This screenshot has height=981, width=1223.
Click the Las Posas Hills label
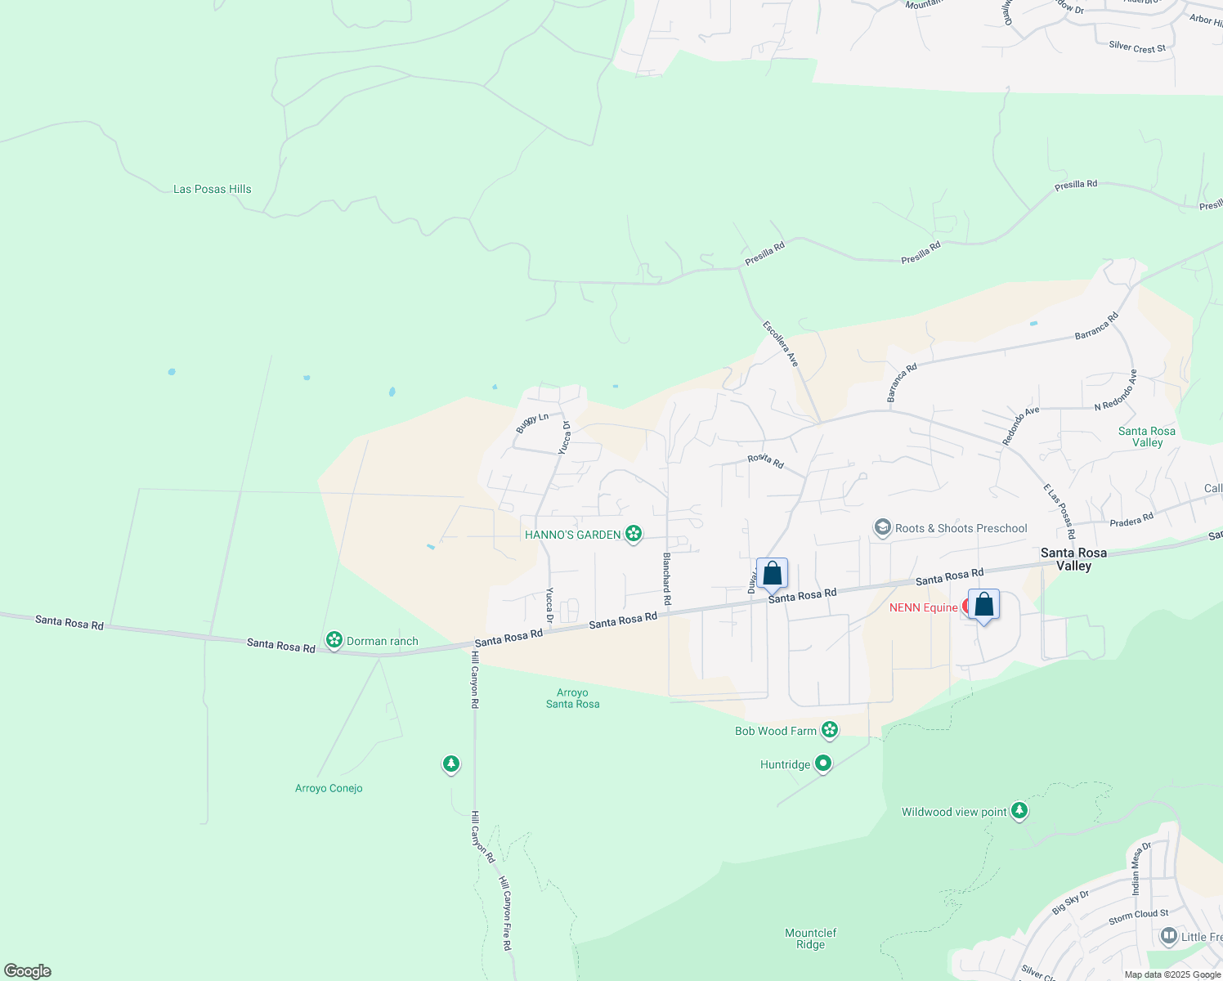click(213, 189)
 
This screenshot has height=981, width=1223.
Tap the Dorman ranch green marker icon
click(334, 640)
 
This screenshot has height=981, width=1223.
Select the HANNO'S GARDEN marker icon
click(633, 534)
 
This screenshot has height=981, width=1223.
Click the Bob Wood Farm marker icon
click(830, 729)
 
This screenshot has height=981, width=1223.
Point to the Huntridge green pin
click(823, 764)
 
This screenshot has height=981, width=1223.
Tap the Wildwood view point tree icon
click(1019, 810)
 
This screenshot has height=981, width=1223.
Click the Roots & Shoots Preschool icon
click(882, 527)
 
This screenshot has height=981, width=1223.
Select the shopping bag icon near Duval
click(772, 574)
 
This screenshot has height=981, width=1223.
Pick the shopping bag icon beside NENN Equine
click(983, 605)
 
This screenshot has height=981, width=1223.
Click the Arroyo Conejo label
click(329, 788)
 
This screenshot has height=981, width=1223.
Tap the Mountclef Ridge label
click(810, 938)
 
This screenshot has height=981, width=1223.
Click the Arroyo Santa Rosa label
click(572, 698)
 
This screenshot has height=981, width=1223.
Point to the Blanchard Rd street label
click(667, 579)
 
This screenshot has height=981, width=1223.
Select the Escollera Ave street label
click(780, 343)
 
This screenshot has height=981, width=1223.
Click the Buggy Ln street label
click(532, 423)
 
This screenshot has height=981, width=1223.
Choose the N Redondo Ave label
click(1116, 390)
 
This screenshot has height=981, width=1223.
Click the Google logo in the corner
click(27, 971)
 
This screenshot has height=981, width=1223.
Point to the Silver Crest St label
click(1137, 47)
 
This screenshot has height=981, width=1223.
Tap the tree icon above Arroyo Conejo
click(450, 764)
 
